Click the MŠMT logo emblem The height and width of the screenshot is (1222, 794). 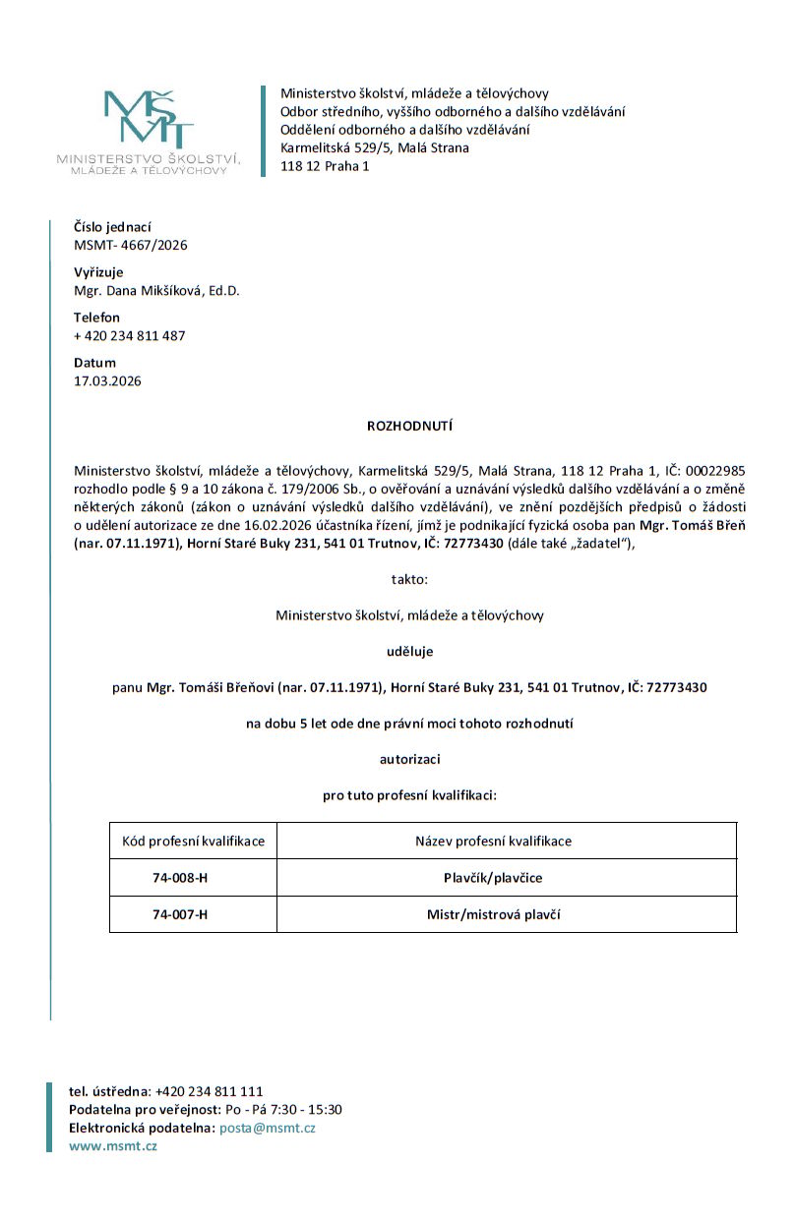(149, 119)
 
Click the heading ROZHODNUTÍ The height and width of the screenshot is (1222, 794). (409, 427)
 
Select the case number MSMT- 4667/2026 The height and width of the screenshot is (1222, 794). (131, 245)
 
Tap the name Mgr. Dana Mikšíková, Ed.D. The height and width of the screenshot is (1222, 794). (156, 290)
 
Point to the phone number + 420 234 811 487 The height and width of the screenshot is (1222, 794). (130, 335)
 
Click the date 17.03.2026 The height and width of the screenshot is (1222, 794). (107, 380)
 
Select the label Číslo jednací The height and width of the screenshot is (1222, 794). (112, 227)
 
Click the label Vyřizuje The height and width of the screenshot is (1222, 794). (98, 272)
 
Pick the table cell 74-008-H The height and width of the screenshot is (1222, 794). (180, 878)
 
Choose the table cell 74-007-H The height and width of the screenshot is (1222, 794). (180, 914)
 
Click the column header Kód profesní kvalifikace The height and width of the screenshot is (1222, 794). (193, 842)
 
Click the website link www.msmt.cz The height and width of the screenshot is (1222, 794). (112, 1145)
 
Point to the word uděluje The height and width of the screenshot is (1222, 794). (409, 651)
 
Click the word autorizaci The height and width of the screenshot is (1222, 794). (409, 758)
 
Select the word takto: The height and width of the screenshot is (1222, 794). (409, 579)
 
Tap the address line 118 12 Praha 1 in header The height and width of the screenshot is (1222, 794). (325, 165)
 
